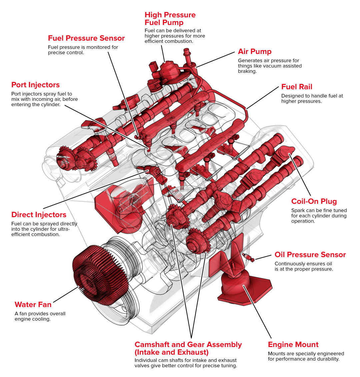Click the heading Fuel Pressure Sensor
pyautogui.click(x=86, y=38)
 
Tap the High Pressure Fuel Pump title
pyautogui.click(x=170, y=19)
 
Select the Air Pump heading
pyautogui.click(x=254, y=52)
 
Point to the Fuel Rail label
pyautogui.click(x=297, y=87)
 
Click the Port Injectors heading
pyautogui.click(x=35, y=85)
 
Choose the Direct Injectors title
pyautogui.click(x=39, y=215)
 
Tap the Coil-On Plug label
pyautogui.click(x=314, y=201)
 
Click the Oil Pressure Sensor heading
pyautogui.click(x=310, y=255)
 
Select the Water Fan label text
pyautogui.click(x=33, y=305)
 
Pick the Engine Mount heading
pyautogui.click(x=293, y=345)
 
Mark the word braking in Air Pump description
pyautogui.click(x=247, y=71)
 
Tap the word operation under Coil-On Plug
pyautogui.click(x=303, y=221)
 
